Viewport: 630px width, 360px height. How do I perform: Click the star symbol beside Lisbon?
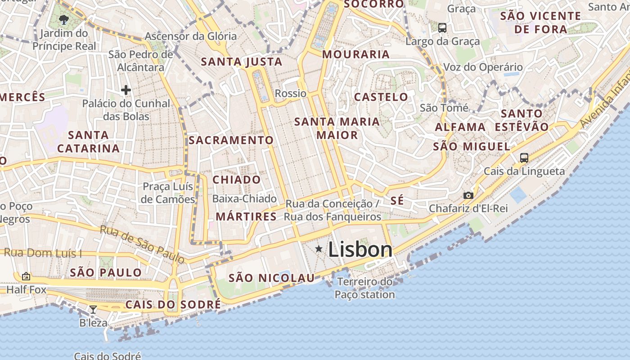tap(319, 249)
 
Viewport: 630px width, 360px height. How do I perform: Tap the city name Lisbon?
tap(360, 249)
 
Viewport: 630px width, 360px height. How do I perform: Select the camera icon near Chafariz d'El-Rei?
tap(468, 195)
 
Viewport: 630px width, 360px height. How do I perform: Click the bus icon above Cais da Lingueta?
tap(524, 158)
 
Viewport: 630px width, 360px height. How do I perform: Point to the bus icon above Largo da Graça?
tap(442, 28)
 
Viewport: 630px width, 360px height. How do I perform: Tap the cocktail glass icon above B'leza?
tap(93, 309)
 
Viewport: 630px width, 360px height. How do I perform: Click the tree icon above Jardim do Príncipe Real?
tap(64, 19)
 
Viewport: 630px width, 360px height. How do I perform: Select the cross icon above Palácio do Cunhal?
tap(126, 90)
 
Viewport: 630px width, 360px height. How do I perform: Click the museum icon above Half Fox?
tap(26, 276)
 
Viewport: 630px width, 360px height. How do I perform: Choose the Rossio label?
tap(290, 94)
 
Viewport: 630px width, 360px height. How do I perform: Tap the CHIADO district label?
tap(237, 180)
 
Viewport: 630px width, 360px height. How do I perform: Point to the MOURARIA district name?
tap(356, 54)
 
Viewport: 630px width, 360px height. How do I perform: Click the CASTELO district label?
tap(381, 97)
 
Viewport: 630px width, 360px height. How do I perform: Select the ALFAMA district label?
tap(460, 127)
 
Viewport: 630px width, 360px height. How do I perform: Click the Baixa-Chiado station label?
tap(244, 198)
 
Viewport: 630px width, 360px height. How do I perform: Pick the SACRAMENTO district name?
tap(231, 140)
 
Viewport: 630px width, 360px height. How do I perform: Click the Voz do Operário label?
tap(483, 67)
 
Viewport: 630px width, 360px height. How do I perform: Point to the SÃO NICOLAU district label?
tap(271, 278)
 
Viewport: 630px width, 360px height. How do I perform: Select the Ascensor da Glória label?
tap(190, 36)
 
